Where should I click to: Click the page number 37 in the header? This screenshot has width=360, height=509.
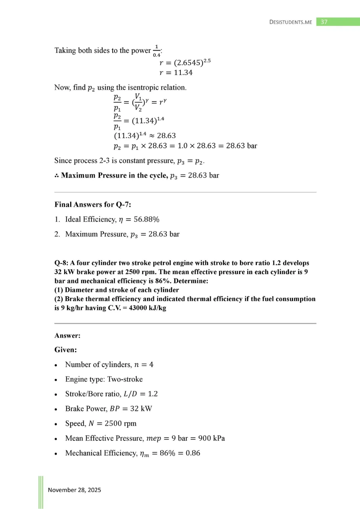pos(324,22)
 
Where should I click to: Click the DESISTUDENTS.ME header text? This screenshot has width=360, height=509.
pos(291,22)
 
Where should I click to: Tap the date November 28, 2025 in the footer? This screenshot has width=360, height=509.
pos(75,490)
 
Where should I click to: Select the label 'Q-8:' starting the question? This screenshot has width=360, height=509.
pos(61,263)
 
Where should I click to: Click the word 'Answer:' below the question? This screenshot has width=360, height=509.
pos(67,336)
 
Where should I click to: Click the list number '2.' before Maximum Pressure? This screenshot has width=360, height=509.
pos(57,234)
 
